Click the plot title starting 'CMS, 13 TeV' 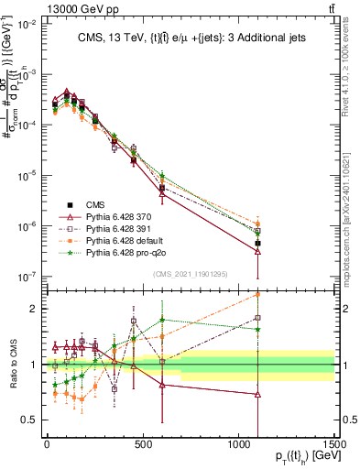click(187, 37)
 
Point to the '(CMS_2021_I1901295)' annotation click(192, 275)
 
